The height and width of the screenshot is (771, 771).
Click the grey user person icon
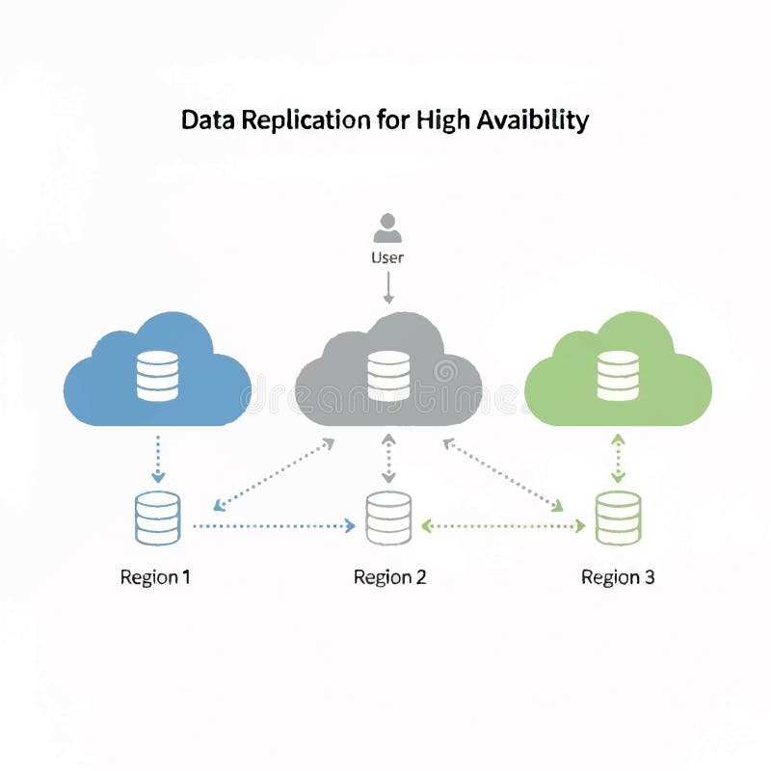click(x=387, y=229)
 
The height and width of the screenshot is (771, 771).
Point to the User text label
click(x=387, y=257)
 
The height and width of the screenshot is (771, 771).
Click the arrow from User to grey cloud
click(x=387, y=286)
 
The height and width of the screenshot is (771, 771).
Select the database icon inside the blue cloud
click(x=157, y=376)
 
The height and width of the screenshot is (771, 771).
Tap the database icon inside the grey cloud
click(x=388, y=376)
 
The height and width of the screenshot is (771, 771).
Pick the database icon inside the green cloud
click(x=618, y=376)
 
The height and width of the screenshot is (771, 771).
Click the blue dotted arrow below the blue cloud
click(x=158, y=458)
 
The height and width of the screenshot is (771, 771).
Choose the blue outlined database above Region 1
click(x=157, y=518)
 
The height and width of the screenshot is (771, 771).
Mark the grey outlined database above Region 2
click(x=388, y=518)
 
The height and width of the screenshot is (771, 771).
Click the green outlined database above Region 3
click(x=618, y=518)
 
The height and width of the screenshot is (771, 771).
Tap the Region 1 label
click(x=155, y=577)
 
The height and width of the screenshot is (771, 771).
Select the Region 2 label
click(x=389, y=577)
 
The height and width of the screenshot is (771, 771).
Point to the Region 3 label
click(x=618, y=577)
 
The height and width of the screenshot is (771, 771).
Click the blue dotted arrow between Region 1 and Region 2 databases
click(x=274, y=526)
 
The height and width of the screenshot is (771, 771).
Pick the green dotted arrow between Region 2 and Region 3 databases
click(x=504, y=526)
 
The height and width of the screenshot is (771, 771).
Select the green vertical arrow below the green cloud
click(x=618, y=458)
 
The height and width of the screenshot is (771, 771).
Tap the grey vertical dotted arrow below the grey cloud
click(x=388, y=458)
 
